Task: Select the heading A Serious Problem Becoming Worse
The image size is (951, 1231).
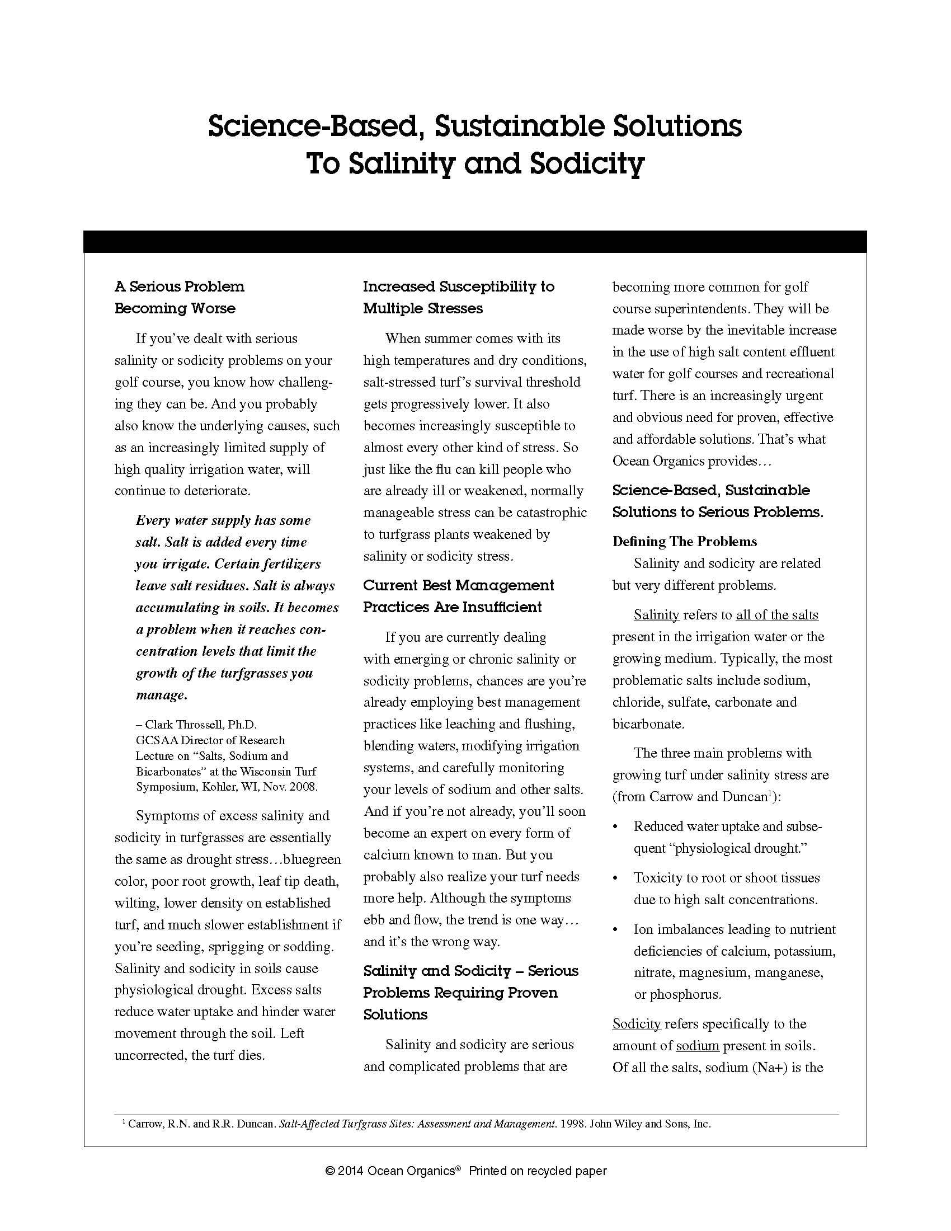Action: coord(179,298)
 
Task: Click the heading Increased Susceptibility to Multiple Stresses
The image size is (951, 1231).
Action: coord(458,298)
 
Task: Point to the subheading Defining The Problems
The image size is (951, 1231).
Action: coord(685,542)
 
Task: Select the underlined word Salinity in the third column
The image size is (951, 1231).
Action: coord(656,615)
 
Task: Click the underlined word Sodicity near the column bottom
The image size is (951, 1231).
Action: coord(636,1024)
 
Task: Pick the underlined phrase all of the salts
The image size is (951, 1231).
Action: coord(777,615)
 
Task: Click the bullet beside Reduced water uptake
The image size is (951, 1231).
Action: coord(615,827)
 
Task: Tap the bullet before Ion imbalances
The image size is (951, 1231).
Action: coord(615,929)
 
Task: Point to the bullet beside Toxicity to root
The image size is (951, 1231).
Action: coord(615,878)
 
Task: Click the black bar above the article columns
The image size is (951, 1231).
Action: coord(475,242)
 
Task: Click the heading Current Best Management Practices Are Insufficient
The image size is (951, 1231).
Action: coord(458,596)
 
